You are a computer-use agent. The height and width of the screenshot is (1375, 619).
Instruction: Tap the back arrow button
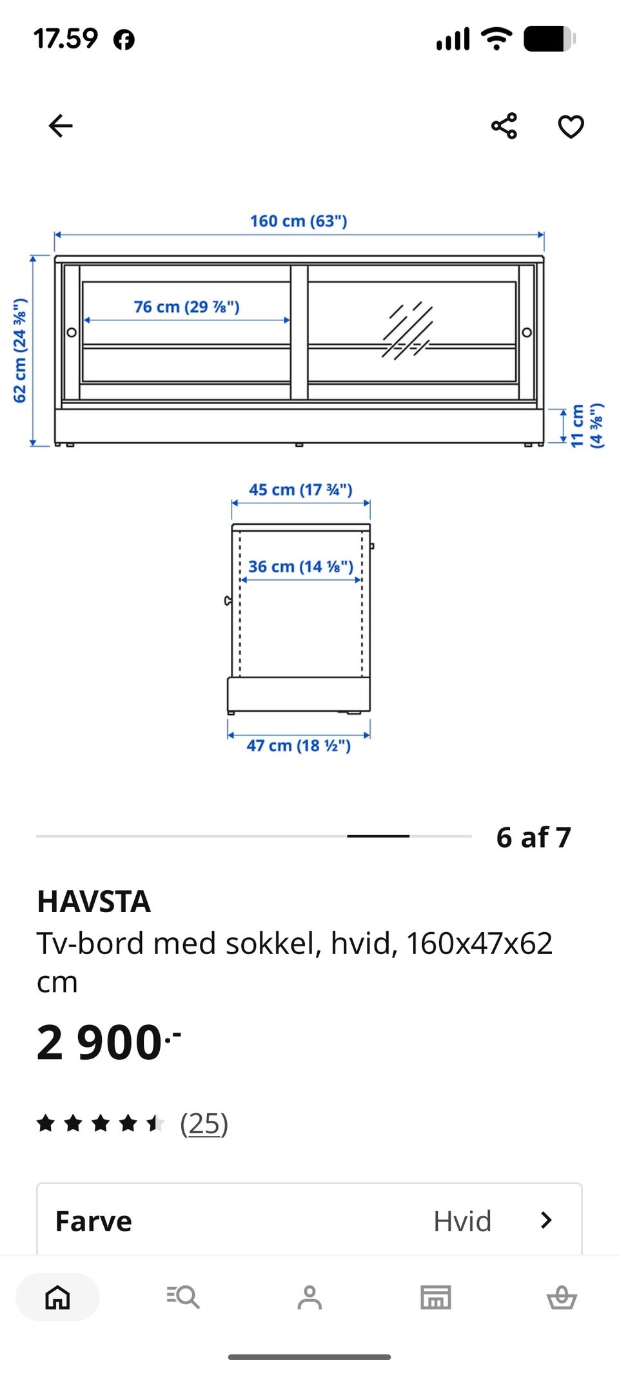[61, 126]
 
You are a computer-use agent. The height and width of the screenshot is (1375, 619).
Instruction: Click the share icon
[504, 126]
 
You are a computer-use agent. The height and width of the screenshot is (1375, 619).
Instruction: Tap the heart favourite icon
[571, 126]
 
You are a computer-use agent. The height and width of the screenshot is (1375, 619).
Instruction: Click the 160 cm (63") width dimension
[299, 221]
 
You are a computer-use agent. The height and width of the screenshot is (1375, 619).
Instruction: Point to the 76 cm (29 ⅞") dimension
[186, 307]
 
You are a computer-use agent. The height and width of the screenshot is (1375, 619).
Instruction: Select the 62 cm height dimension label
[20, 351]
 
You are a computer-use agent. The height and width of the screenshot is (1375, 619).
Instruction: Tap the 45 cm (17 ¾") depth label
[300, 490]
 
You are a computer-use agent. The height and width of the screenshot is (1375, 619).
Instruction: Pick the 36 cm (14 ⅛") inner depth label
[300, 567]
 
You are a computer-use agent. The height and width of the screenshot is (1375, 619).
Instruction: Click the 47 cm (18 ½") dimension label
[299, 746]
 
